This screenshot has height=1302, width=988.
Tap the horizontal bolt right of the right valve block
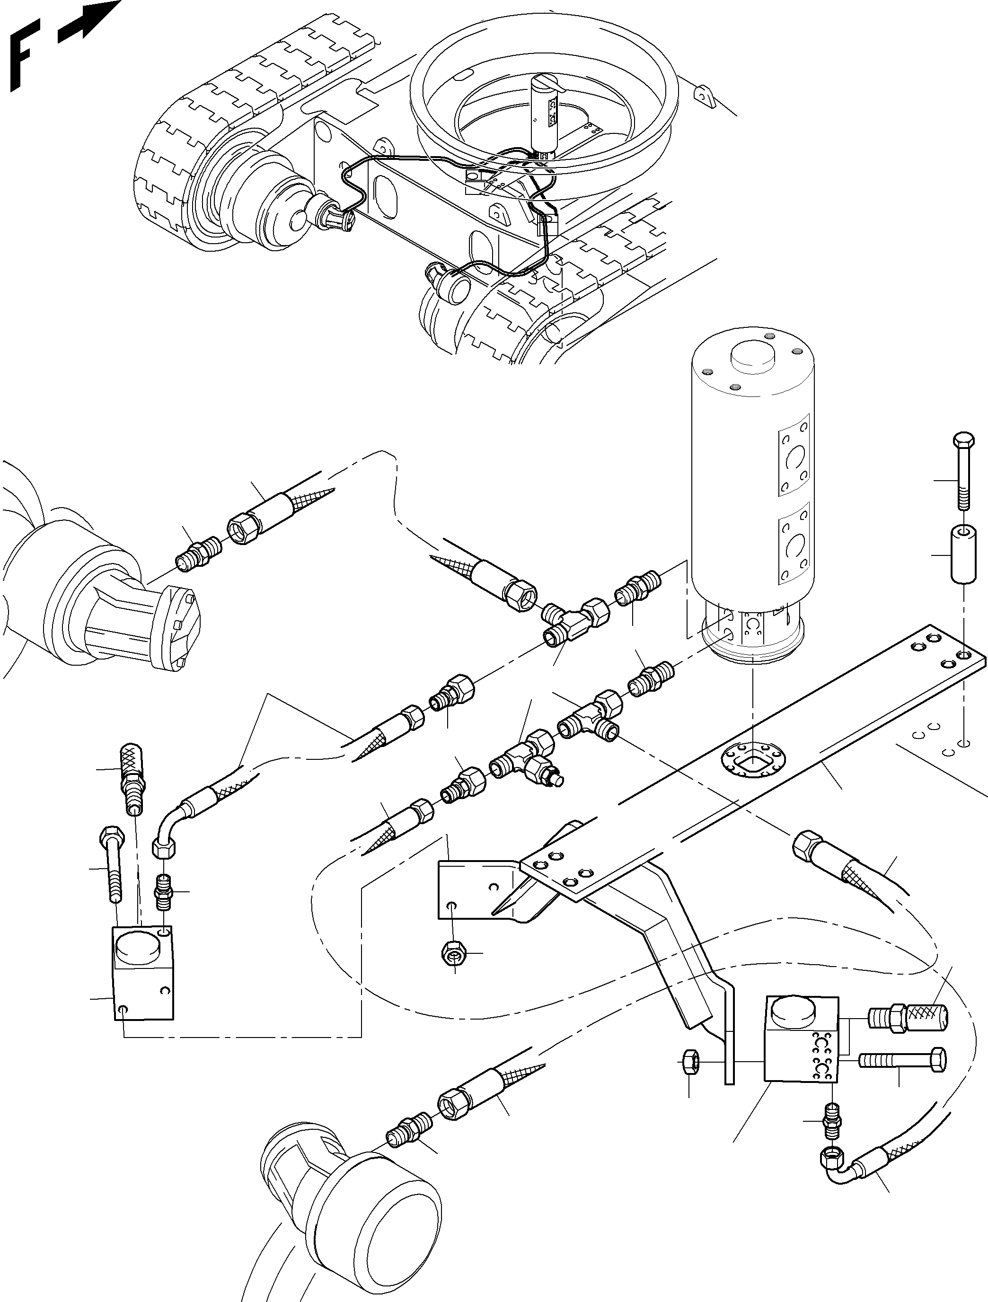tap(902, 1060)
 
